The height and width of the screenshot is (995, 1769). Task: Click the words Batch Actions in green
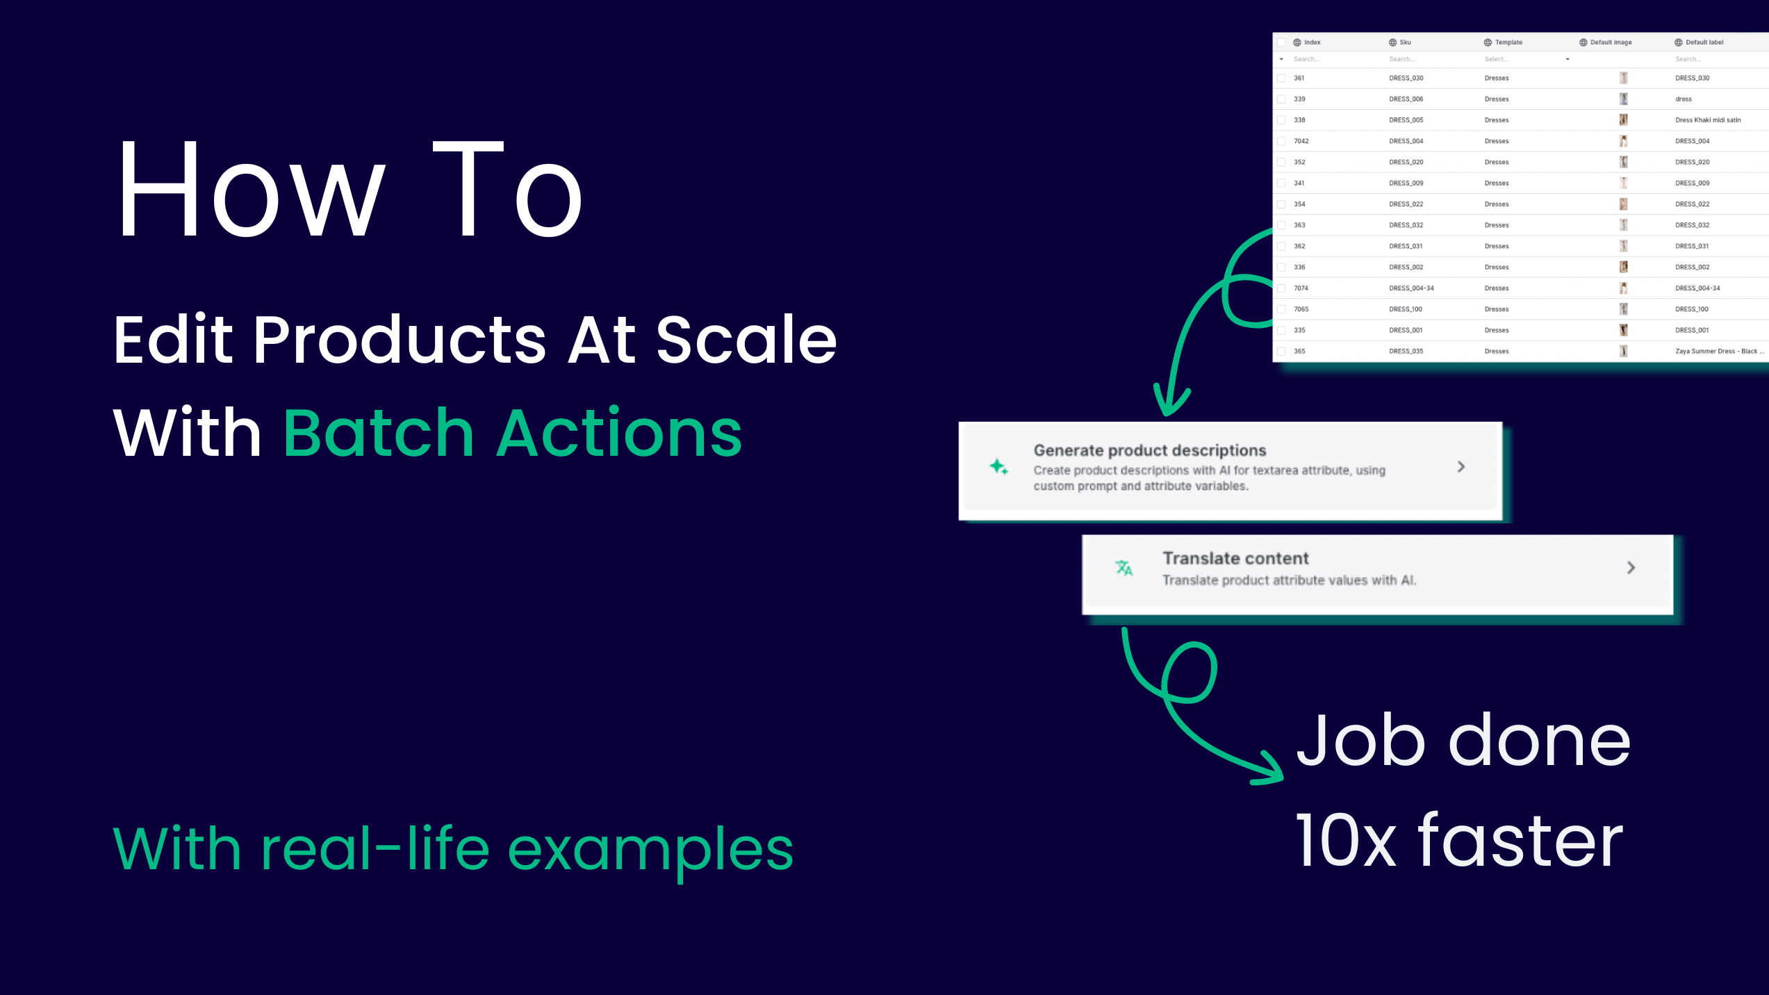click(513, 434)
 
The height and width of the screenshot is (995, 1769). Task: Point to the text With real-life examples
click(453, 848)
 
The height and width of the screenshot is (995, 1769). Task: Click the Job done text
click(1463, 741)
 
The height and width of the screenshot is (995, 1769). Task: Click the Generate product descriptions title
click(1149, 450)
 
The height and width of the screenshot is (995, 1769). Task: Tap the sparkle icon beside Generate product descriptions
click(998, 467)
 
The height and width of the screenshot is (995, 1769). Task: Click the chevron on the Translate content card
click(1631, 568)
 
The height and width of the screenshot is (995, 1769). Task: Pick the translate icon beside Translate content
click(1124, 568)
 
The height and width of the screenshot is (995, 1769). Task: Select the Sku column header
click(1404, 42)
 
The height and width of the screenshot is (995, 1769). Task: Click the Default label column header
click(1704, 42)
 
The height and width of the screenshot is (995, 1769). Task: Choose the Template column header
click(1508, 42)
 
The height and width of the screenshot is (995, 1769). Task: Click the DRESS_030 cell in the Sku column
click(1406, 78)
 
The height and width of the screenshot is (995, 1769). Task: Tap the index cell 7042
click(1301, 141)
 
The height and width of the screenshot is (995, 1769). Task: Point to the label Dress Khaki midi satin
click(1707, 120)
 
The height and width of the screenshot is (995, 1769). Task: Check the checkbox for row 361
click(1281, 78)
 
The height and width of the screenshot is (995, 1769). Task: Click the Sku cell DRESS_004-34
click(1410, 288)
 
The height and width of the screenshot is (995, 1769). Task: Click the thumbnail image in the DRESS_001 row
click(1623, 330)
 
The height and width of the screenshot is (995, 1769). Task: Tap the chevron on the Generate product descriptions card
click(1461, 467)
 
